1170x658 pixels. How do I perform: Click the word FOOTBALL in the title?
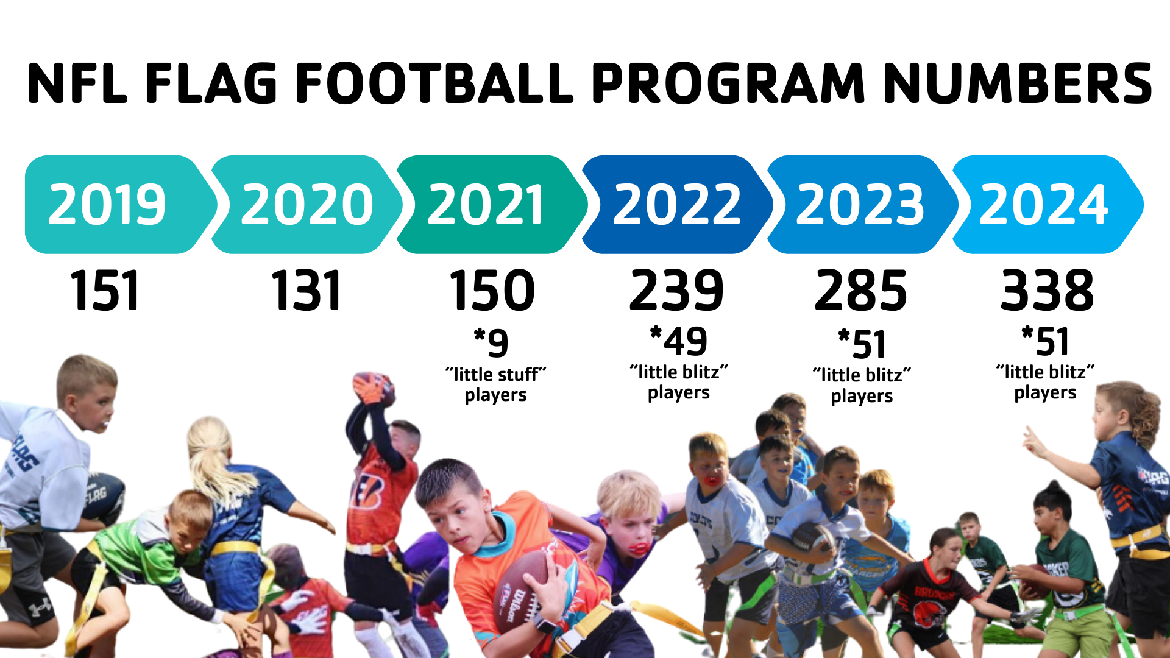[x=434, y=83]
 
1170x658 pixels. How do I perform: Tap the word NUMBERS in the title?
[x=1017, y=83]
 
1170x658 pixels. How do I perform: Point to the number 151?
[x=105, y=291]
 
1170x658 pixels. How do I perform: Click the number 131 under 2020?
[x=306, y=291]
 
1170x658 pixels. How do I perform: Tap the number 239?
[x=677, y=291]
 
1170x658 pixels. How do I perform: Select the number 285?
[x=861, y=291]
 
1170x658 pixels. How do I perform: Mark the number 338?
[x=1048, y=291]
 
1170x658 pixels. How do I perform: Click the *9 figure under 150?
[x=491, y=342]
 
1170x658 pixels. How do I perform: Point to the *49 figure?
[x=679, y=341]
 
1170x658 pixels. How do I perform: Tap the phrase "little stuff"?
[x=495, y=373]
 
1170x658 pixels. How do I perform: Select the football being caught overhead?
[x=373, y=387]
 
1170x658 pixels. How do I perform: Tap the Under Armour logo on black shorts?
[x=40, y=607]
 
